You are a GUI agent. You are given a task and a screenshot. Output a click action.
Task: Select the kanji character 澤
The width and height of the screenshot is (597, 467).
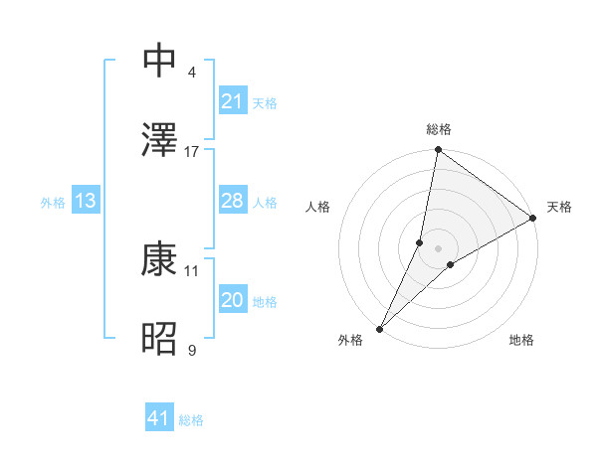point(161,139)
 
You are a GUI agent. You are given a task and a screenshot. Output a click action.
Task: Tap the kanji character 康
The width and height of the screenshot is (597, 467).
point(161,259)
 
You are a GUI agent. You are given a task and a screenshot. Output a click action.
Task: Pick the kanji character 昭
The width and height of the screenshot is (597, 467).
point(161,339)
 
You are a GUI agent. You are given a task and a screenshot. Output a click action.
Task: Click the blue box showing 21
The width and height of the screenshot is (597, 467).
point(232,101)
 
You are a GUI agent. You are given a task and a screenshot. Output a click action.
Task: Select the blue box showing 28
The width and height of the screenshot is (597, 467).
point(232,202)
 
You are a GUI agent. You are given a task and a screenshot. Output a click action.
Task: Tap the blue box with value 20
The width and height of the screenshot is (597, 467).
point(232,301)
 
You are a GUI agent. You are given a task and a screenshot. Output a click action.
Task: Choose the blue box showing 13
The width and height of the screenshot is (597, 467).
point(85,202)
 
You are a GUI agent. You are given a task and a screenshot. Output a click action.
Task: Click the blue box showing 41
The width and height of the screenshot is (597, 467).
point(158,419)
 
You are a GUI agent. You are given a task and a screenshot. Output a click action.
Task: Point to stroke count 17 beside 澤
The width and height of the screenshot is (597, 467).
point(192,151)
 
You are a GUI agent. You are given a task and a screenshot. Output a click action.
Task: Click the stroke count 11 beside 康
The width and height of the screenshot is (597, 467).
point(192,270)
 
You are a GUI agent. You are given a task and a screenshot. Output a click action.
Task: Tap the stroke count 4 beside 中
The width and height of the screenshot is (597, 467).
point(191,72)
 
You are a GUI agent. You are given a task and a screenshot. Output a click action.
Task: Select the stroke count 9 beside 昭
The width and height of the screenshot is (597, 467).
point(191,350)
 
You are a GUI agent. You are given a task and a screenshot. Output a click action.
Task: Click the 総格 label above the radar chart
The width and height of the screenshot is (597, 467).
point(438,129)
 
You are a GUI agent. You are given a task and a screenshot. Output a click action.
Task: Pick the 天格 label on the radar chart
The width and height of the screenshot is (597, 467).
point(559,207)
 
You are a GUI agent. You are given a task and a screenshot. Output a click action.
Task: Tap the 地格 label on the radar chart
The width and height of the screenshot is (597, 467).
point(521,340)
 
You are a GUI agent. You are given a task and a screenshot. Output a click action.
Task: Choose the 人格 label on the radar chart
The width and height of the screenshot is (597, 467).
point(317,207)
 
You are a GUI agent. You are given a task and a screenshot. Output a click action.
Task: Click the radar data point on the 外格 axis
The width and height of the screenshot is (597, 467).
point(379,328)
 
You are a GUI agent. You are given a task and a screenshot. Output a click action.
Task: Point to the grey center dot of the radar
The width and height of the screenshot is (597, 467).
point(438,248)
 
